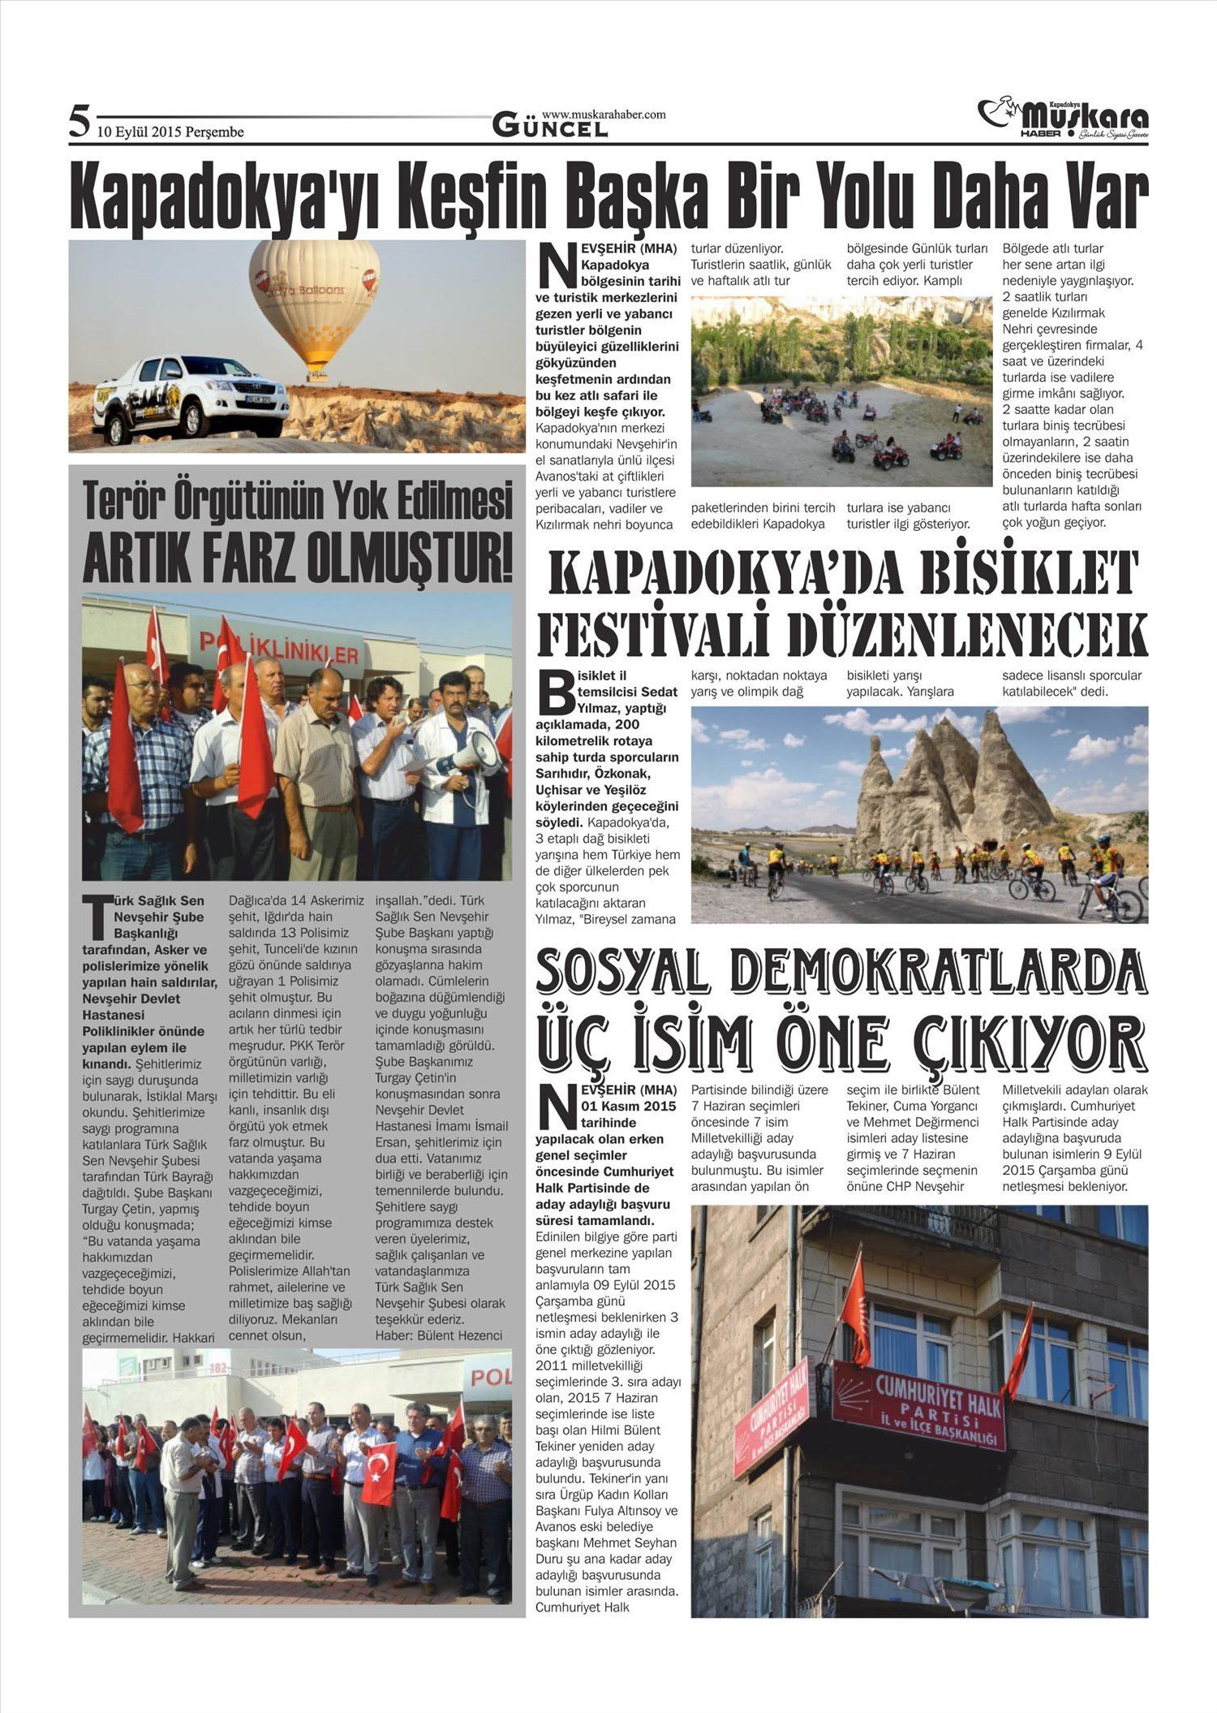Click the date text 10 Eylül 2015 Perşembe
click(170, 132)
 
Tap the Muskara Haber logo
click(1063, 119)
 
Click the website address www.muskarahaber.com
click(604, 114)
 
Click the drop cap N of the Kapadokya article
click(555, 267)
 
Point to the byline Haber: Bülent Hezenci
click(438, 1335)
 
